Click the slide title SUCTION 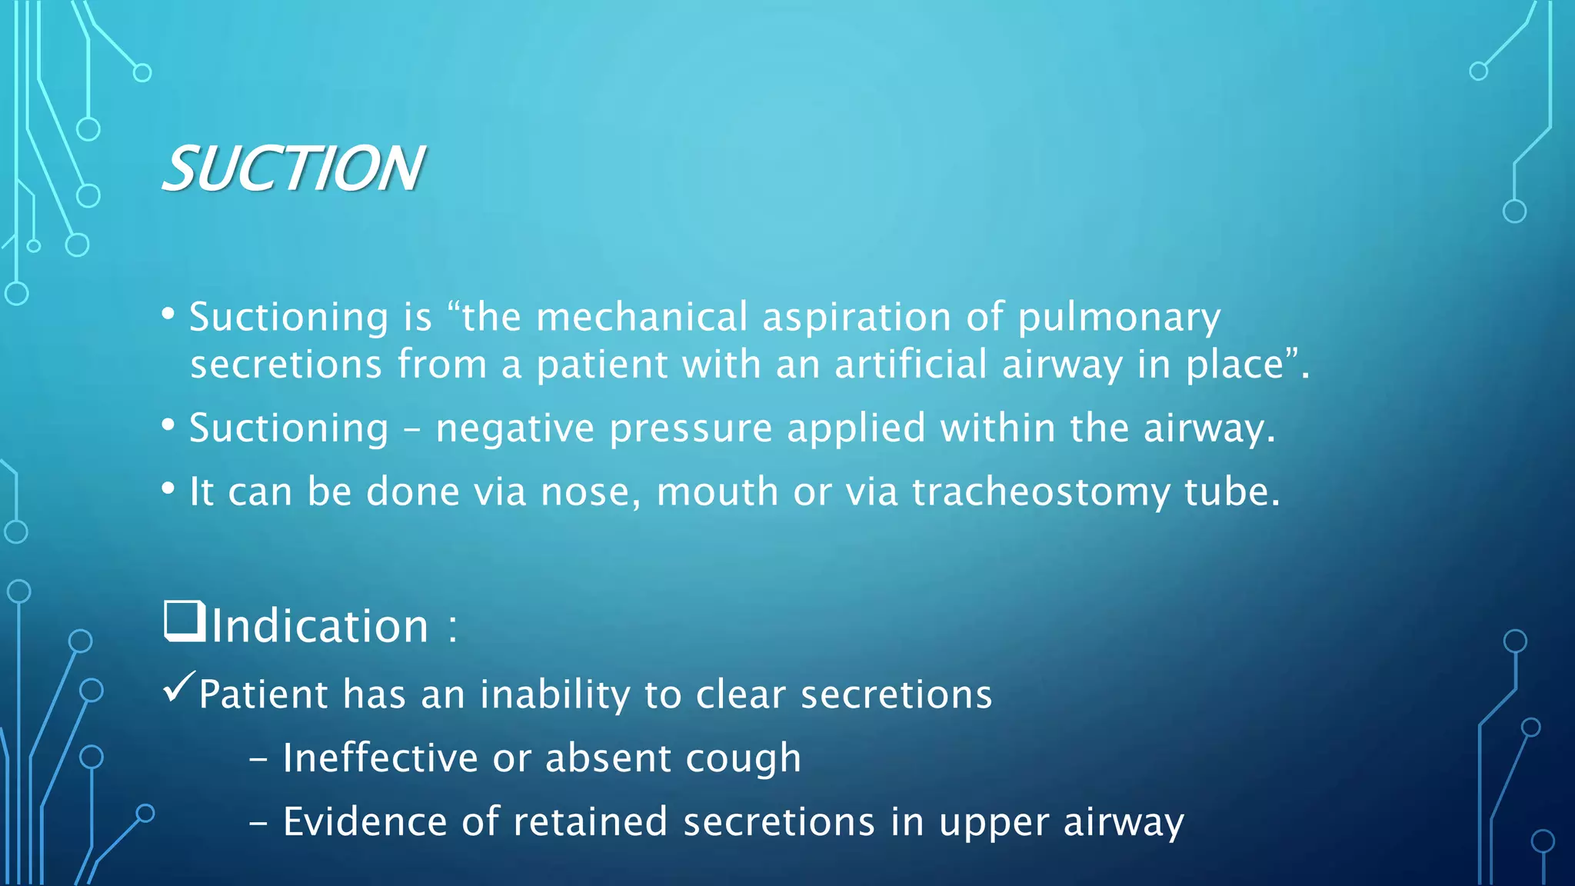(292, 169)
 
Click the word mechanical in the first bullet (641, 317)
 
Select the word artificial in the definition (911, 364)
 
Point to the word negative (514, 429)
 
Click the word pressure (691, 429)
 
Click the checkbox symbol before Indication (184, 621)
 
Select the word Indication (319, 625)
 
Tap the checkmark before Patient (178, 687)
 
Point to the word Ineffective (380, 758)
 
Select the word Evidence (365, 821)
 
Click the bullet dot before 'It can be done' (168, 489)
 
